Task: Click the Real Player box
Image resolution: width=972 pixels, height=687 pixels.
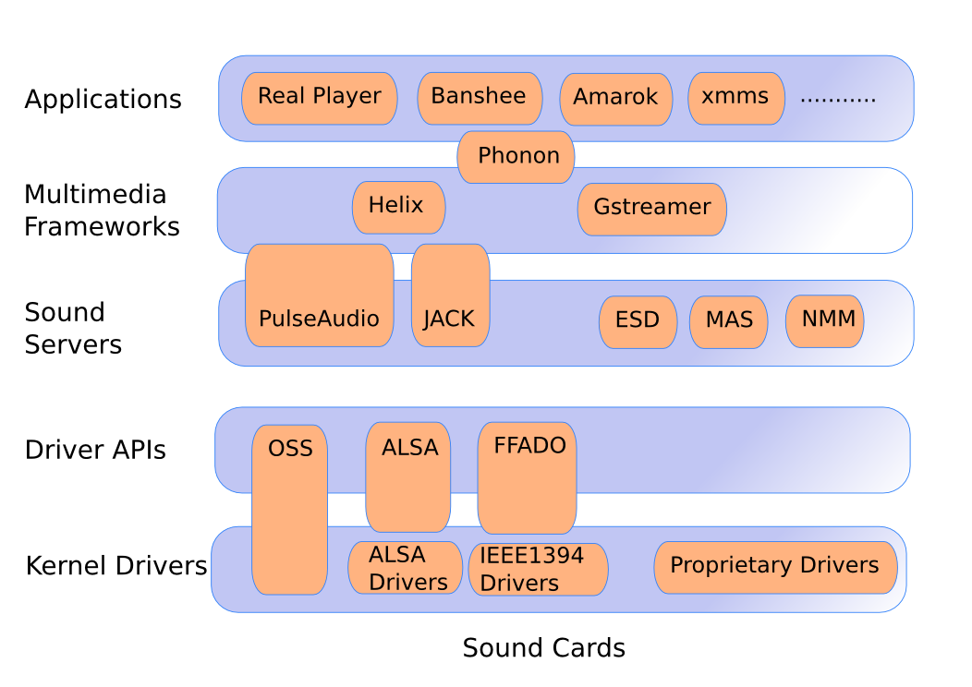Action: [x=319, y=98]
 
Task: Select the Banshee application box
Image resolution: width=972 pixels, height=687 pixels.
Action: [x=480, y=98]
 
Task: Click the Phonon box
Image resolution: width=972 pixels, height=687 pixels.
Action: [x=516, y=157]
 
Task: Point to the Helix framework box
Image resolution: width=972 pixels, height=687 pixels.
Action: [x=398, y=207]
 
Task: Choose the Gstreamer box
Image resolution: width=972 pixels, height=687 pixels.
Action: [x=651, y=209]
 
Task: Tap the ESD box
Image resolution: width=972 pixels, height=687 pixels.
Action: [x=638, y=321]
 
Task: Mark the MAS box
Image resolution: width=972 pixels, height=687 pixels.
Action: [x=728, y=321]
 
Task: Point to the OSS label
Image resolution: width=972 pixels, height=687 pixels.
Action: [x=290, y=450]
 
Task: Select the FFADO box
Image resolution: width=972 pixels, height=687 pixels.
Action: [x=528, y=476]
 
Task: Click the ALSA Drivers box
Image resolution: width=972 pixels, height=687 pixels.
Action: [x=405, y=568]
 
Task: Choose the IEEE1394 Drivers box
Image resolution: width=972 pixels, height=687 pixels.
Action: [x=538, y=569]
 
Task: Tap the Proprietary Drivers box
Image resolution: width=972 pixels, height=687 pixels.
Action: [x=775, y=566]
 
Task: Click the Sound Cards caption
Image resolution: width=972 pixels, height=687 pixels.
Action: [x=543, y=648]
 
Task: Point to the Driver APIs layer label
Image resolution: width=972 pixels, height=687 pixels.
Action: [x=95, y=451]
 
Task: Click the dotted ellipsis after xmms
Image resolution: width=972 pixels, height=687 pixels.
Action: [x=837, y=99]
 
